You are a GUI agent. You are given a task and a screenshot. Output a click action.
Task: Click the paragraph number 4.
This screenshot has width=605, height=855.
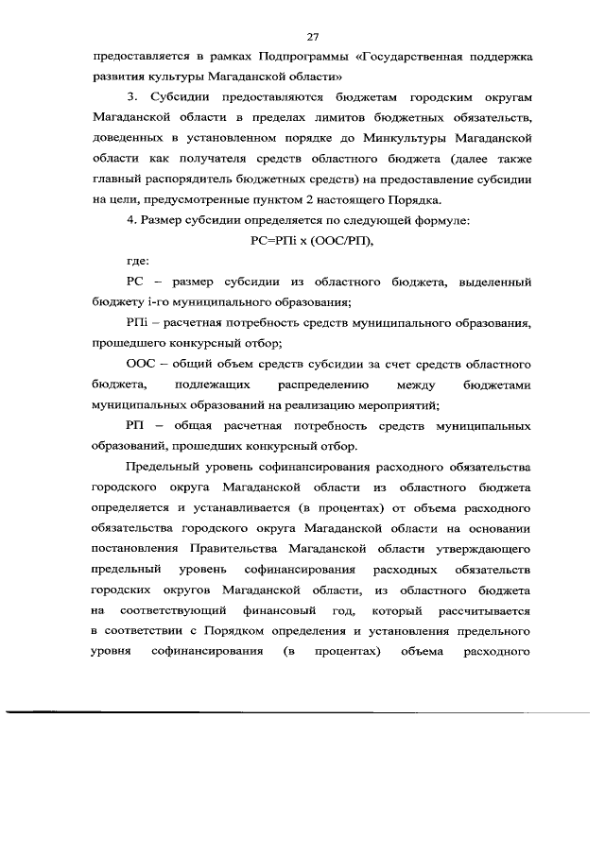(130, 219)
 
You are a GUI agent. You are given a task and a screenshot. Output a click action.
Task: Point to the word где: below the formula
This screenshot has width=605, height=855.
(138, 261)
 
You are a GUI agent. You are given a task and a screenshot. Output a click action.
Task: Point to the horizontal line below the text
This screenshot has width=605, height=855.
(302, 710)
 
